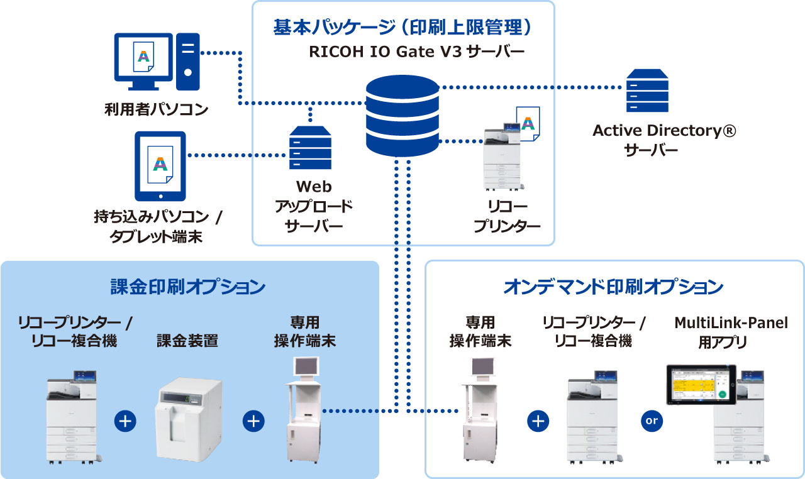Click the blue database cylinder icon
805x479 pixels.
(x=402, y=116)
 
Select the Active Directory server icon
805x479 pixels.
(x=647, y=91)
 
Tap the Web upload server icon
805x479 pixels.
(x=310, y=148)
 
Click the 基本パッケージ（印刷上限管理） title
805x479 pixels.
(x=403, y=27)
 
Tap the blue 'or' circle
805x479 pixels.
(x=651, y=421)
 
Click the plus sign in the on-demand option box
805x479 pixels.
(x=538, y=421)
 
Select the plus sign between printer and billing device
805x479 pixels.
(x=125, y=421)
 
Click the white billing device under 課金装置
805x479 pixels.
(x=189, y=418)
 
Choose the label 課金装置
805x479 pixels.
(x=187, y=341)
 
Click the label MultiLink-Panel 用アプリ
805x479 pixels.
(x=731, y=333)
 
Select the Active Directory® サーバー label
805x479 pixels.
(x=664, y=141)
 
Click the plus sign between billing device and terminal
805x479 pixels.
(x=253, y=421)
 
